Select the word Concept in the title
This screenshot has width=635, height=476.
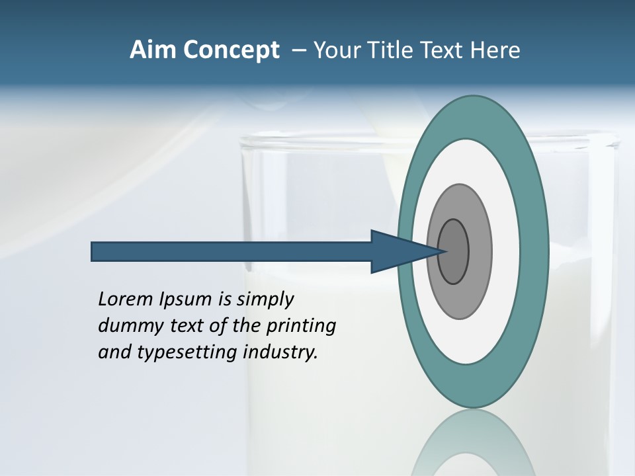pyautogui.click(x=232, y=50)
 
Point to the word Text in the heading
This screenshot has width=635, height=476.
pyautogui.click(x=443, y=50)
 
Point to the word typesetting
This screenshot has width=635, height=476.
pyautogui.click(x=187, y=353)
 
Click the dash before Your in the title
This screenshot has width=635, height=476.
pyautogui.click(x=299, y=50)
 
